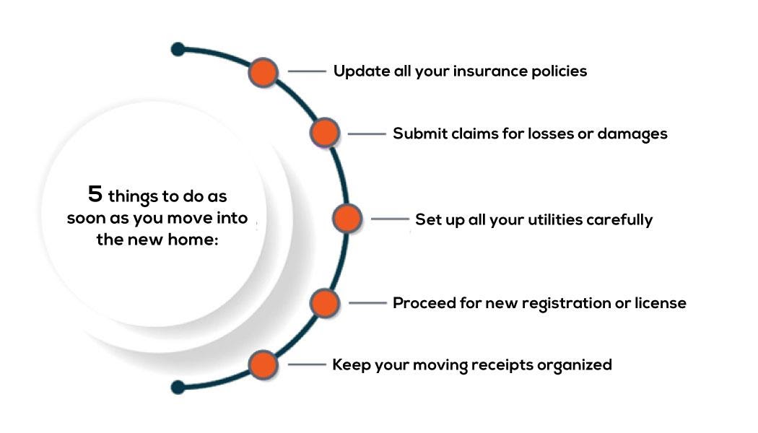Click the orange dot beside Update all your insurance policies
(x=263, y=72)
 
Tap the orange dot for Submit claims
(x=324, y=133)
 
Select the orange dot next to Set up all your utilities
(x=347, y=219)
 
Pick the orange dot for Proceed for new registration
(x=324, y=303)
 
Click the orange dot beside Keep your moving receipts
(x=263, y=364)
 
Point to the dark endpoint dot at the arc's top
(x=178, y=49)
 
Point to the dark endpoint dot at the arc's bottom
(x=178, y=387)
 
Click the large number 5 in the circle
(x=95, y=194)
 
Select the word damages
(x=632, y=134)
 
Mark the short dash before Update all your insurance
(x=307, y=71)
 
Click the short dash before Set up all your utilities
(x=390, y=219)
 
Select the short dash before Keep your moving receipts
(x=307, y=364)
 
